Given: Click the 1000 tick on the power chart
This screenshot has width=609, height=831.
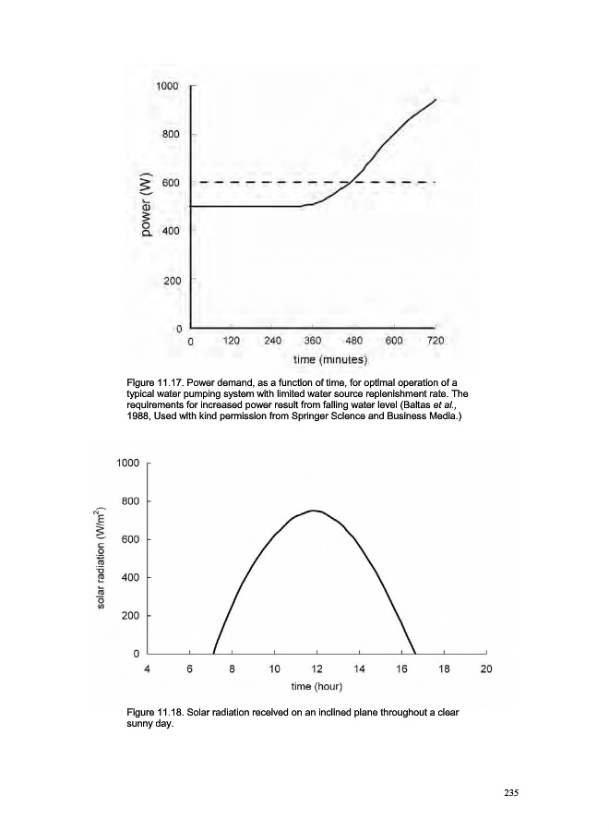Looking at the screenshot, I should tap(167, 85).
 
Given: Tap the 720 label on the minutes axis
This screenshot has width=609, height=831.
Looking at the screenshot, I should tap(436, 341).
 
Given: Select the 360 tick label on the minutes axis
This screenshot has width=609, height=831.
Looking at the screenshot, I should tap(313, 341).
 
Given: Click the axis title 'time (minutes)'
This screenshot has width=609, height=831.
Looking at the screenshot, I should tap(330, 358).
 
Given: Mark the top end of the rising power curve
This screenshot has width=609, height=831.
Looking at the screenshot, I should tap(436, 99).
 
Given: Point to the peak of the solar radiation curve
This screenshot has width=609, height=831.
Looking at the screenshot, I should tap(315, 510).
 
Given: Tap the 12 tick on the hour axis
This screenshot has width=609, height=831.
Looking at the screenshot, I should tap(316, 669).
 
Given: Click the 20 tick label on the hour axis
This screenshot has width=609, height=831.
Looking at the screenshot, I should tap(486, 669).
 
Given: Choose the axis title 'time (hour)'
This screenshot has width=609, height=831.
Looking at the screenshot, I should tap(316, 687).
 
